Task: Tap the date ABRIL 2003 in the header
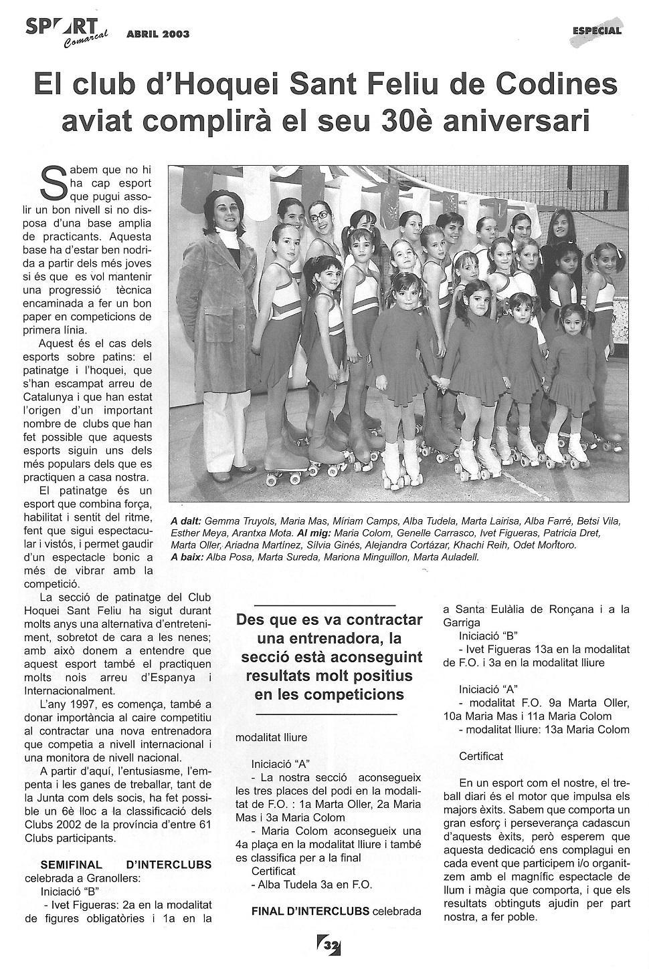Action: [158, 34]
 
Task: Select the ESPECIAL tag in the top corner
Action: [597, 30]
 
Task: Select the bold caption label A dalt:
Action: [185, 521]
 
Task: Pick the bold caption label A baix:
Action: [187, 555]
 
